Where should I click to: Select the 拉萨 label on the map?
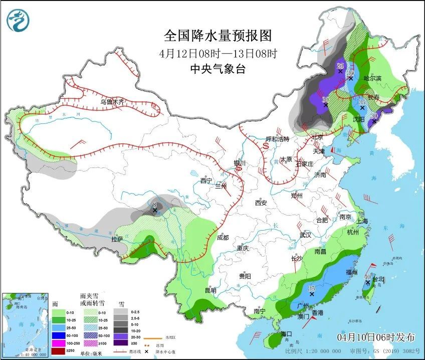pyautogui.click(x=117, y=240)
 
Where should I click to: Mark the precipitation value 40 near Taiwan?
pyautogui.click(x=367, y=277)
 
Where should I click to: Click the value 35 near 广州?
pyautogui.click(x=311, y=289)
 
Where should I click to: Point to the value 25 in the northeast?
pyautogui.click(x=340, y=66)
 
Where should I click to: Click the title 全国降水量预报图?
pyautogui.click(x=218, y=36)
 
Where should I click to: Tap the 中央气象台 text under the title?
pyautogui.click(x=218, y=70)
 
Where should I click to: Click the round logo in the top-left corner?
pyautogui.click(x=18, y=21)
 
